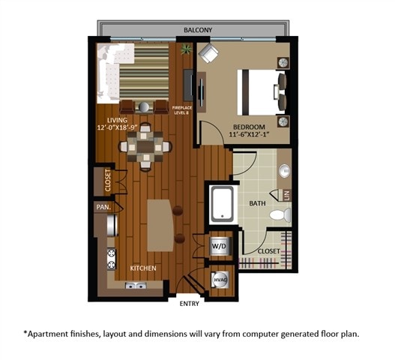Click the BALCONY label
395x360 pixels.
198,30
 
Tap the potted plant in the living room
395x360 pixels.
185,49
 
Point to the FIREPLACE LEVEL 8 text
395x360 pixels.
182,109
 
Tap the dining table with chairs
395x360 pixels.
148,146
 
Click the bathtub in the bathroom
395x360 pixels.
222,203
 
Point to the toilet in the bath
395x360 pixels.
279,216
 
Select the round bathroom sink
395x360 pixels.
285,172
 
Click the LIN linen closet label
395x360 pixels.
286,195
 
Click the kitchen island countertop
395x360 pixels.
159,225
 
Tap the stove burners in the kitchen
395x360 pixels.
113,258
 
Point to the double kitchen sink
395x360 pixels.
136,286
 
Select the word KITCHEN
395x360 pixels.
143,268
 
